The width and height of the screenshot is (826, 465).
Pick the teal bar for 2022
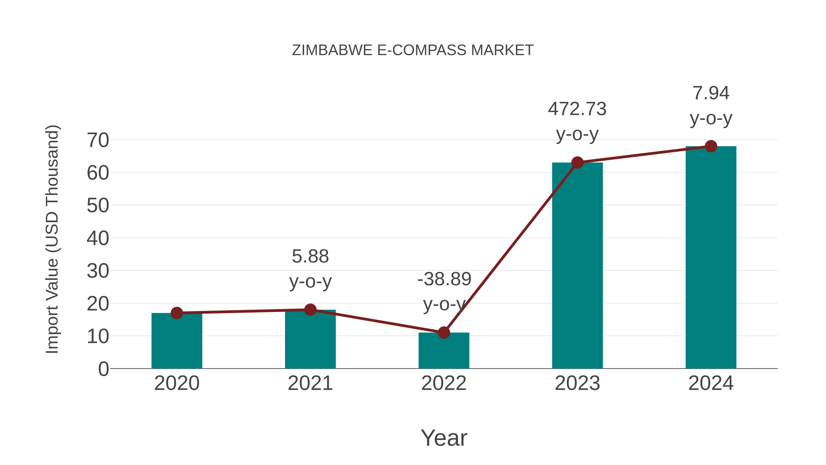[x=444, y=351]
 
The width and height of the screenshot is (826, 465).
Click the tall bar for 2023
[x=577, y=266]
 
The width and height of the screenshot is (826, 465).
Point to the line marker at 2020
[x=177, y=313]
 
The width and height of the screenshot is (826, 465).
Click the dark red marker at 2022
[x=444, y=333]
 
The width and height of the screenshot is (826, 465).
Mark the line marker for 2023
[x=577, y=163]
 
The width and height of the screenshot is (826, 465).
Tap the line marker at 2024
[x=711, y=146]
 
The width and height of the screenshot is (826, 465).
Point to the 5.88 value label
[x=310, y=257]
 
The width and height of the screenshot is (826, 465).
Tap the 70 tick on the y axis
[x=98, y=141]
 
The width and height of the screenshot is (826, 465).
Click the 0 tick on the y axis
[x=103, y=369]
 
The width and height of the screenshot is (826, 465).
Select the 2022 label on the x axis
[x=444, y=383]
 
